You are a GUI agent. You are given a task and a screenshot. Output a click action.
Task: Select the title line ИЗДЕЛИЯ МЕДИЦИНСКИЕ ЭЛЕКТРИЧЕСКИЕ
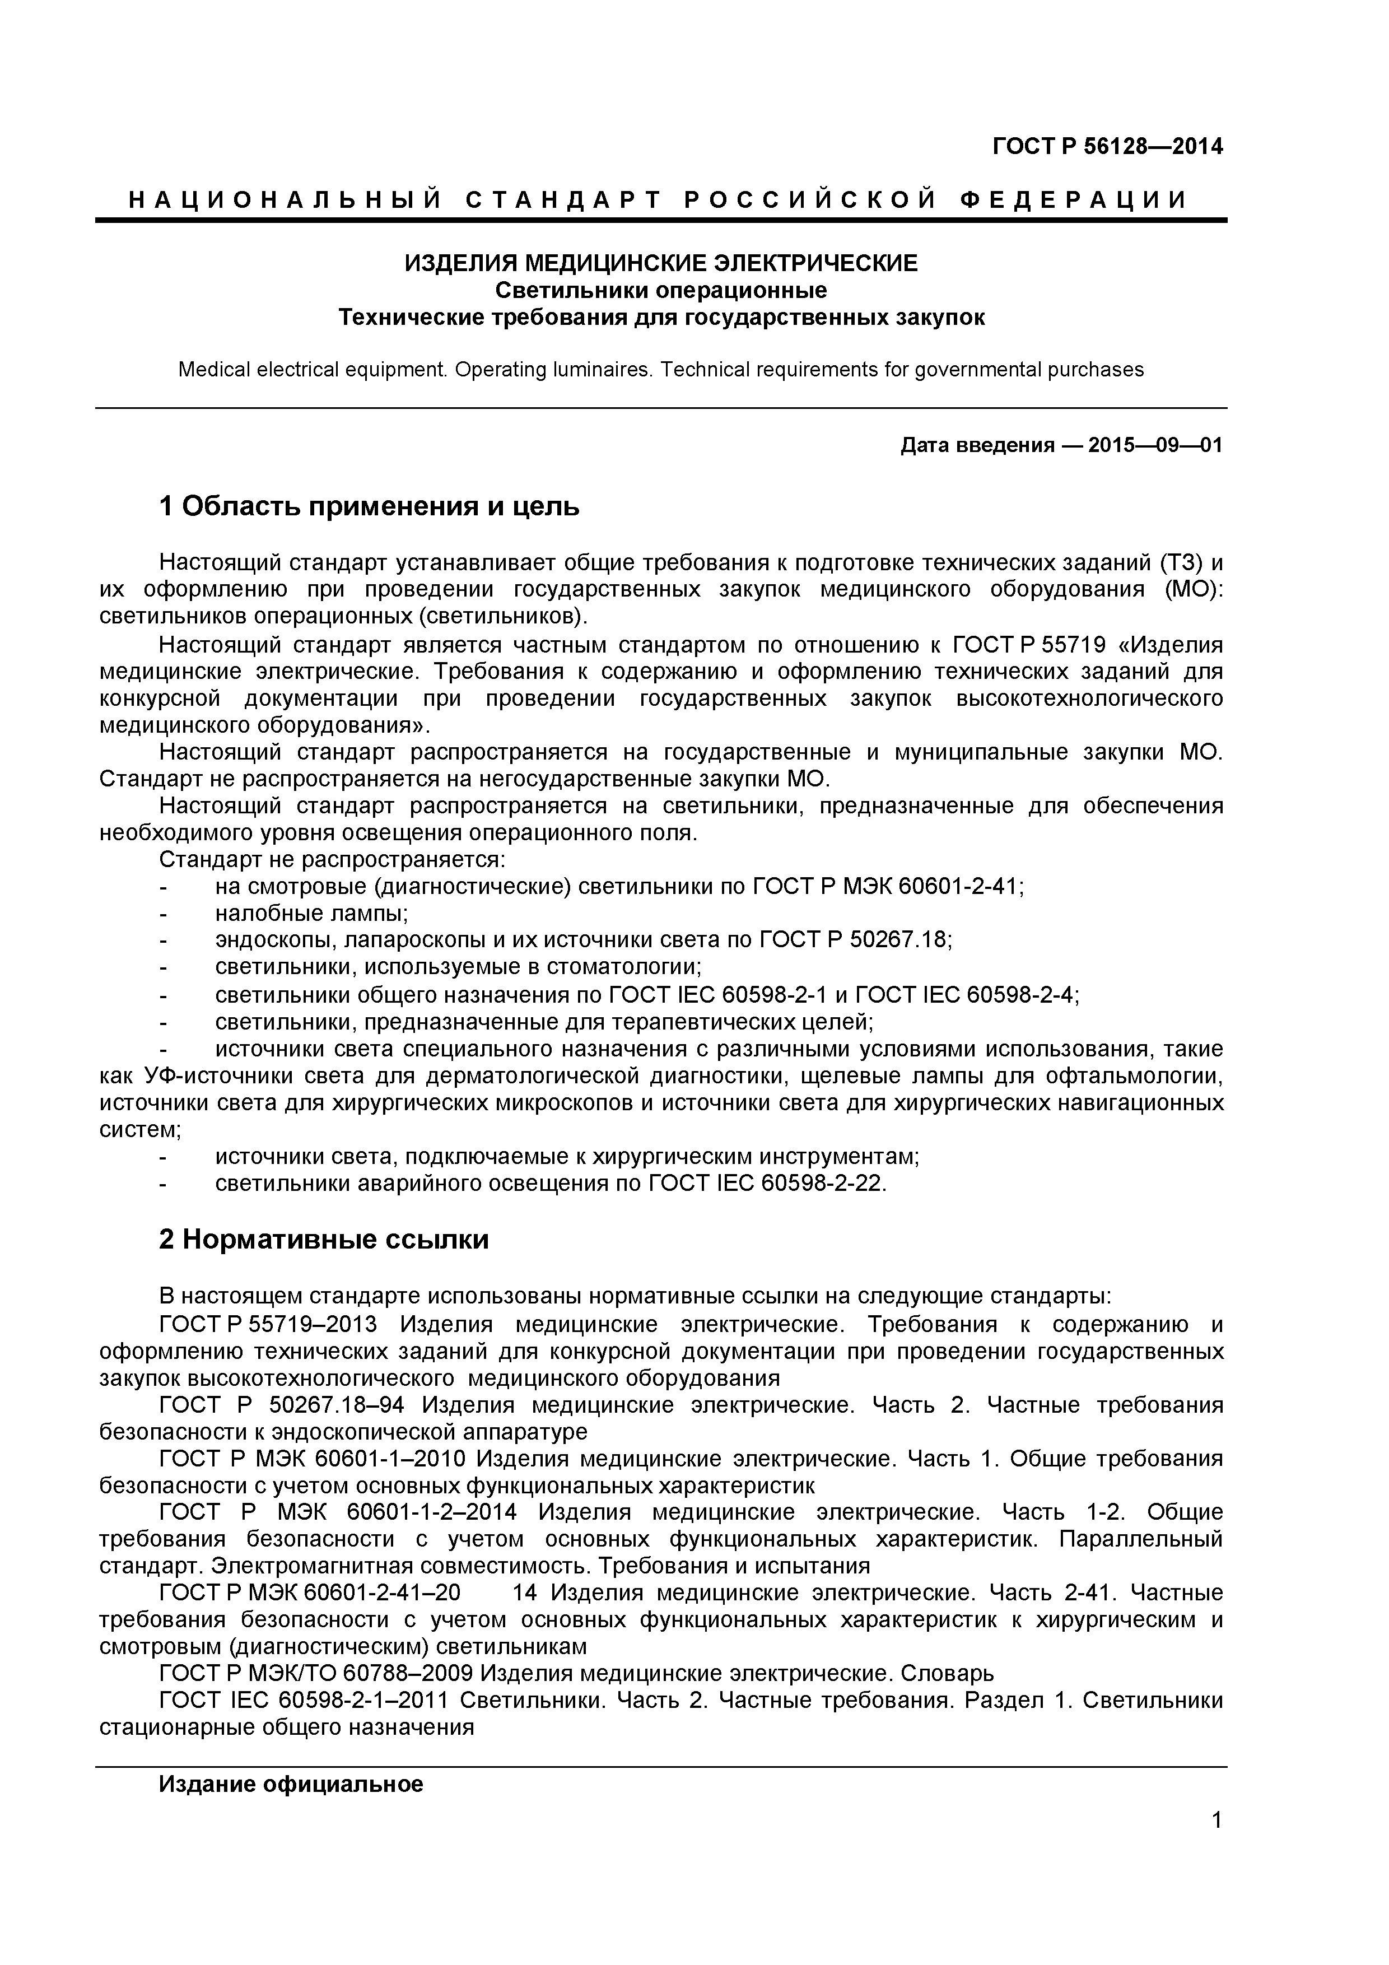[x=661, y=263]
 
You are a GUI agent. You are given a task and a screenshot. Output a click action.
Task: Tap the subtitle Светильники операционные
[x=661, y=290]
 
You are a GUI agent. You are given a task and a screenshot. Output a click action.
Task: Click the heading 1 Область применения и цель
[x=369, y=507]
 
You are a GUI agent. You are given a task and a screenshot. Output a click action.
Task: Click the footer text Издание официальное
[x=291, y=1785]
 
